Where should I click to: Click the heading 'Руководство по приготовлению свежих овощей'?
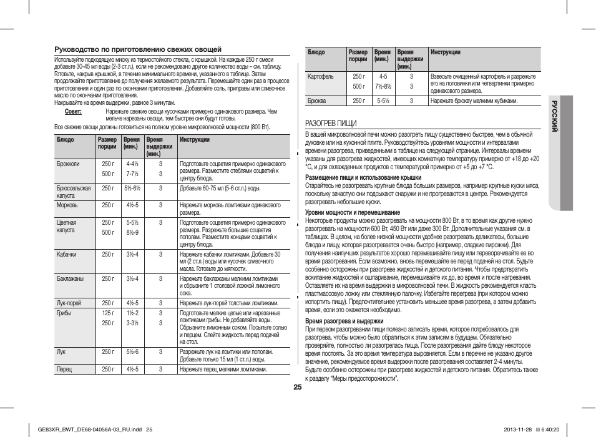[x=138, y=49]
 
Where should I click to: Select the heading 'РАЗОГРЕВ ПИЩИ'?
[x=330, y=123]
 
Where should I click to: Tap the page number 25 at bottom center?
[x=298, y=387]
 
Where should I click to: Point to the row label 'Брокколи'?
[x=68, y=164]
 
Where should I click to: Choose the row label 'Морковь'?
[x=67, y=205]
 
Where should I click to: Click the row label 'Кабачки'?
[x=67, y=254]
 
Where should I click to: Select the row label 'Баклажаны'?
[x=69, y=278]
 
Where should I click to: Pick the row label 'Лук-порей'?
[x=69, y=303]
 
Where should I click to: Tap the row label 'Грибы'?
[x=64, y=312]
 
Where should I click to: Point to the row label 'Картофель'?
[x=321, y=76]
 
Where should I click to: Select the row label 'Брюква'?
[x=317, y=100]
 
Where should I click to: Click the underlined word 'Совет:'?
[x=74, y=111]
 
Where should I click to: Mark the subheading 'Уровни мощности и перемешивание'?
[x=353, y=212]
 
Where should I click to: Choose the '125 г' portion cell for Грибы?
[x=108, y=312]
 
